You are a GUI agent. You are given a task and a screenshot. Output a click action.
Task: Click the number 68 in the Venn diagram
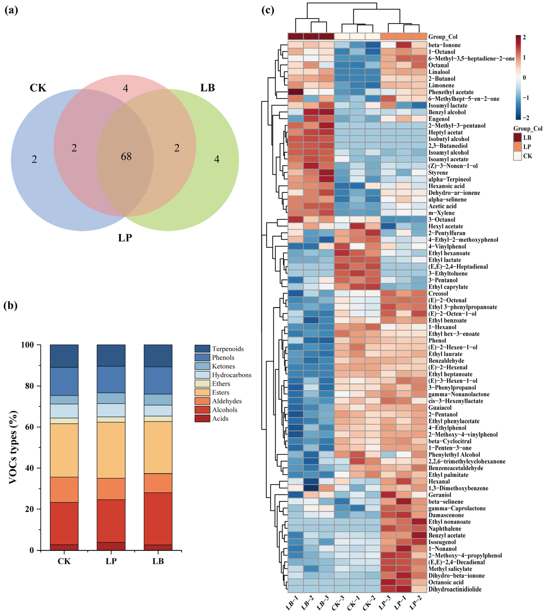click(126, 157)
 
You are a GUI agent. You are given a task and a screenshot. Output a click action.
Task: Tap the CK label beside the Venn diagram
click(38, 88)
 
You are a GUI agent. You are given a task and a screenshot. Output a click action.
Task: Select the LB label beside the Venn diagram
click(208, 88)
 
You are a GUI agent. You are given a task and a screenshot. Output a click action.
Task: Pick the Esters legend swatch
click(202, 392)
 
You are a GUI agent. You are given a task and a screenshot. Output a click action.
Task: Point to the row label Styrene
click(438, 173)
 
